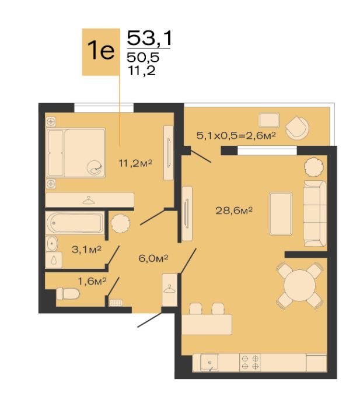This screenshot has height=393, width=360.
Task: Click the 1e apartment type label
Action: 101,50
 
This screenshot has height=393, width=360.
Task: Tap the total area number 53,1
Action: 149,38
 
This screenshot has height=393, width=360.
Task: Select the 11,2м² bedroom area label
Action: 135,163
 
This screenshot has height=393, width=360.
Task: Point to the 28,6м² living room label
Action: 234,210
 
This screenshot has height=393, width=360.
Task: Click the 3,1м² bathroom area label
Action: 86,250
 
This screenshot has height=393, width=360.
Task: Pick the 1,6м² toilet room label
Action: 92,281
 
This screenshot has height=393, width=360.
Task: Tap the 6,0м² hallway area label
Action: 153,258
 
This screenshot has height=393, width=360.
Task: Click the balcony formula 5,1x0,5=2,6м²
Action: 236,136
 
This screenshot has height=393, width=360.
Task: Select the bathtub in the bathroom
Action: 75,223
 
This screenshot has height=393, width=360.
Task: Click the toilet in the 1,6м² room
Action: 68,293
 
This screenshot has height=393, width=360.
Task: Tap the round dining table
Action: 299,285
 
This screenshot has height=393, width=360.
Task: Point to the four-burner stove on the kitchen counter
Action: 250,363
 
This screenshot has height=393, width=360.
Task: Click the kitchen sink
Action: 209,363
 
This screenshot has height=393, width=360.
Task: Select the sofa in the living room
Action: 315,213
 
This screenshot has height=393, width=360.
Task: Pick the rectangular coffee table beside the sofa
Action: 281,214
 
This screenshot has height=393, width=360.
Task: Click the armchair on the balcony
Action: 298,128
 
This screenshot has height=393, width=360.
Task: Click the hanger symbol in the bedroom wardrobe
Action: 89,200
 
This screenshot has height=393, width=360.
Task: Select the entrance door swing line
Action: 150,320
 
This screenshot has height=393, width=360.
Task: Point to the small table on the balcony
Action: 268,120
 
